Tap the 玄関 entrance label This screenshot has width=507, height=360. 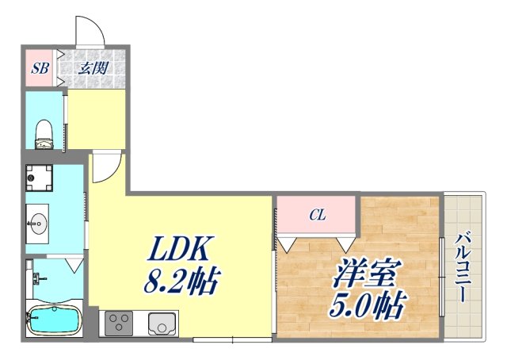pyautogui.click(x=93, y=68)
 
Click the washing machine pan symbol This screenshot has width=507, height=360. pyautogui.click(x=39, y=179)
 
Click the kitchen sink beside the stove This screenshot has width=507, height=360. pyautogui.click(x=162, y=324)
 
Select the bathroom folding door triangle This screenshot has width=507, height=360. pyautogui.click(x=74, y=262)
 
